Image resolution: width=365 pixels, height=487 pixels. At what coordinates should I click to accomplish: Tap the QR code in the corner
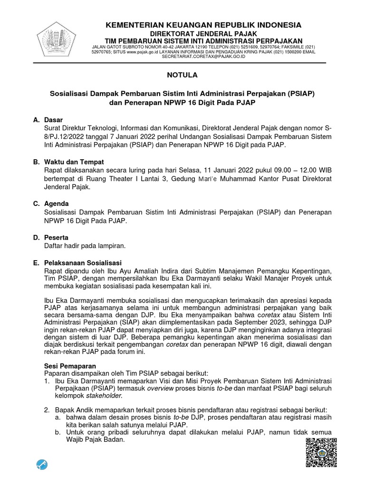(x=321, y=452)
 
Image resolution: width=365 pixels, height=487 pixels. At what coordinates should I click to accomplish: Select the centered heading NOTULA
(x=182, y=75)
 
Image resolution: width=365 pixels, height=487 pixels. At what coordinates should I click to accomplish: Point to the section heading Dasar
(x=53, y=120)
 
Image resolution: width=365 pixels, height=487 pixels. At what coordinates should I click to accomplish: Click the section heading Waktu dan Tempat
(x=74, y=162)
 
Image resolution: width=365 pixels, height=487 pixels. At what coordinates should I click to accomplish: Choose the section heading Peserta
(x=56, y=237)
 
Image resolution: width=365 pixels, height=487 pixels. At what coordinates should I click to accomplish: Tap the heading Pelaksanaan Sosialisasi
(x=83, y=263)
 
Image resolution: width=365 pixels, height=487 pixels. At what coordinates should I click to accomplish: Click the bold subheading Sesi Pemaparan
(x=70, y=366)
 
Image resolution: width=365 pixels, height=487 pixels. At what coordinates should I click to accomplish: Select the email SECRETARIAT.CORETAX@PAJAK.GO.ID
(x=203, y=57)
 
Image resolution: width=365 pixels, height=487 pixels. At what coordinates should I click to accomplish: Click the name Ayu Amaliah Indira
(x=134, y=271)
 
